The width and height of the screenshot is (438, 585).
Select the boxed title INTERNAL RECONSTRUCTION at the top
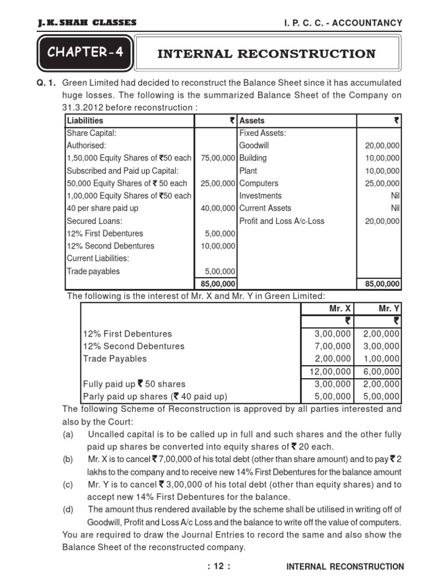266,54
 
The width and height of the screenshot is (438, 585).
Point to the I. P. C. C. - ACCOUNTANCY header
339,23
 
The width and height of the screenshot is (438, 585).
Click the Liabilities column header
85,121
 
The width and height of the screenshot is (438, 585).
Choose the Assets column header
252,121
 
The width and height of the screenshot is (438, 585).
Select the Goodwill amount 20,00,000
382,146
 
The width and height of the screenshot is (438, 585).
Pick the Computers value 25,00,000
382,183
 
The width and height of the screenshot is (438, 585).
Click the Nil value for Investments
394,196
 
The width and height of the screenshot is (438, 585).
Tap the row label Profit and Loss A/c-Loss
282,221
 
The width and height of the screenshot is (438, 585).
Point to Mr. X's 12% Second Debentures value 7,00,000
332,346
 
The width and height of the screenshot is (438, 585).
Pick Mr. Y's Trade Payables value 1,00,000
382,359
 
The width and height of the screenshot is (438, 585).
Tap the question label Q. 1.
46,83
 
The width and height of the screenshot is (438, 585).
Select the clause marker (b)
68,459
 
